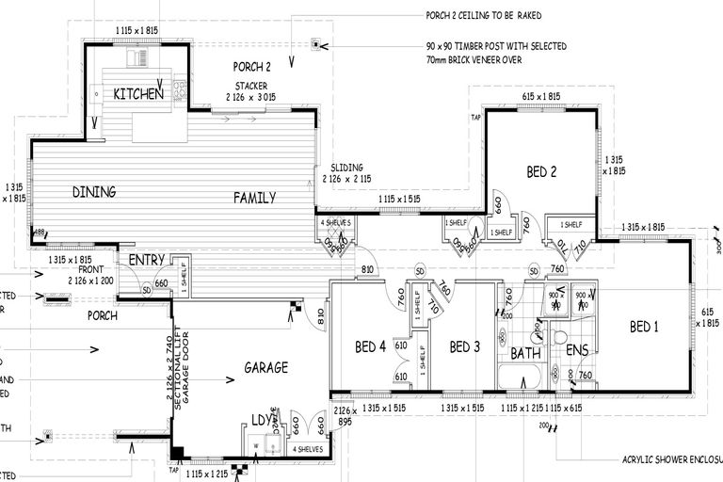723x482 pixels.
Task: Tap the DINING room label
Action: coord(94,192)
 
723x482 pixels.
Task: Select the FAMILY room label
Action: coord(254,198)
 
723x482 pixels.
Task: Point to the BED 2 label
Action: coord(542,171)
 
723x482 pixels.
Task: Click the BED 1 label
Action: coord(645,327)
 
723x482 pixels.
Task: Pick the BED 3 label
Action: coord(465,347)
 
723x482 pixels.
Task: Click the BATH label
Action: coord(524,354)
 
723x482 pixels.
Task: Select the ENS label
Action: coord(577,354)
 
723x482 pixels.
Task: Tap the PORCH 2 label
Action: coord(252,67)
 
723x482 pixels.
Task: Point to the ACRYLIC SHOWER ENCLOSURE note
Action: coord(669,460)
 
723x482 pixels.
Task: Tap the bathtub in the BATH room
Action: coord(520,379)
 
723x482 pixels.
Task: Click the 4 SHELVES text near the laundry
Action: coord(307,449)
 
